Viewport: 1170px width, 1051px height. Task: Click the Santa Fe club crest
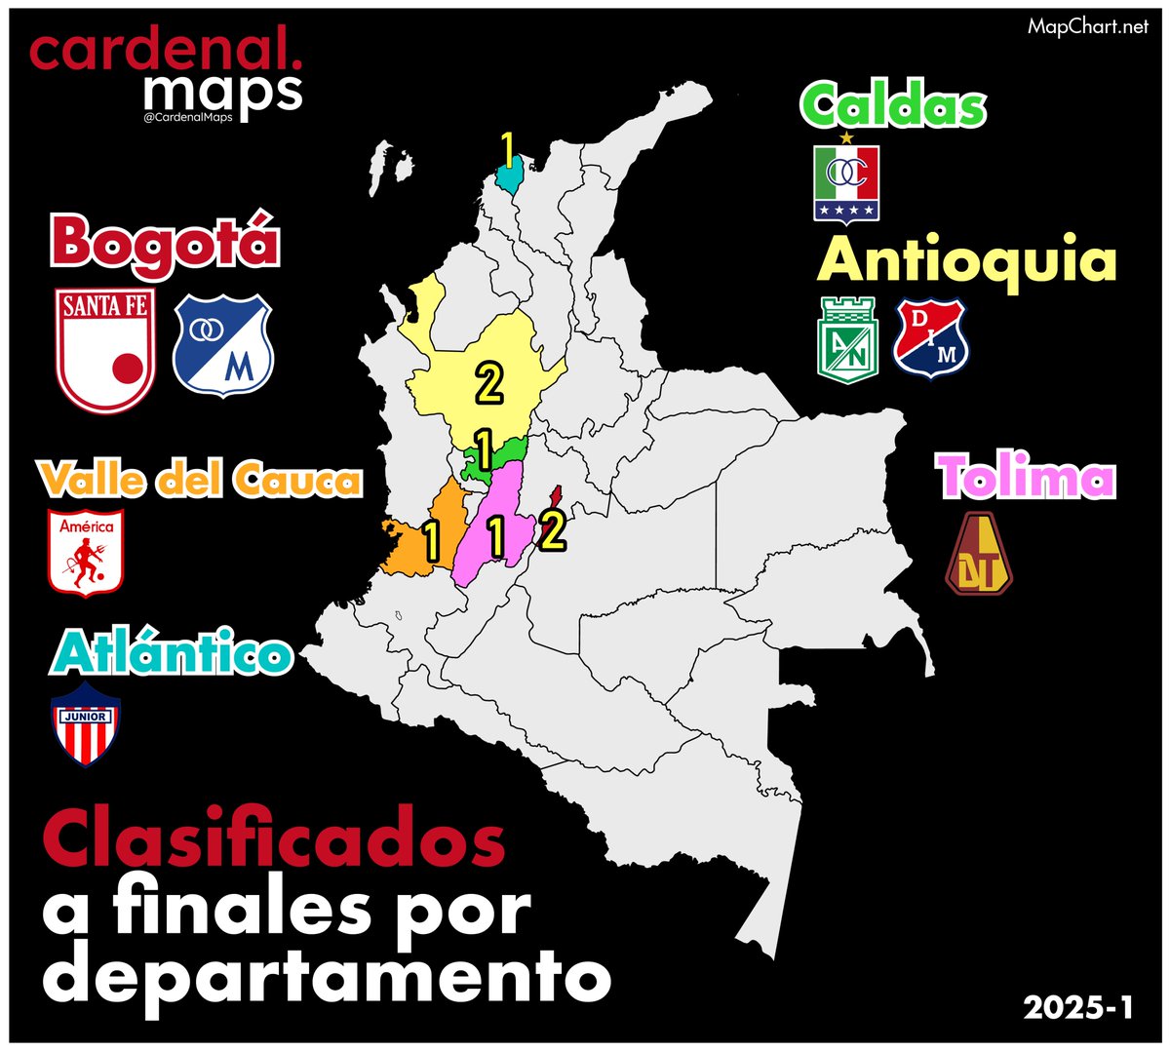(105, 350)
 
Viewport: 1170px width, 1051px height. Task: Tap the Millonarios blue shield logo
(223, 345)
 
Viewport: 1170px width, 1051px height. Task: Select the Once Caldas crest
(846, 181)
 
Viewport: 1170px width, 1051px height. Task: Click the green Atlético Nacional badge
(847, 338)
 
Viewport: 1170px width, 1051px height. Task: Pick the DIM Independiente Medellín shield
(932, 337)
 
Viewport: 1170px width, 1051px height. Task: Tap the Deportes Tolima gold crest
(979, 554)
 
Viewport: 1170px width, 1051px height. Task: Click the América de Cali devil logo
(86, 552)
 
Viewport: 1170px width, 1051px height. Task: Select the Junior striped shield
(86, 724)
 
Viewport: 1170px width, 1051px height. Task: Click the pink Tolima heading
(1026, 478)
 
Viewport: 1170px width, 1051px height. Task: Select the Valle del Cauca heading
(200, 481)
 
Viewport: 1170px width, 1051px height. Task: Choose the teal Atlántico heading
(172, 654)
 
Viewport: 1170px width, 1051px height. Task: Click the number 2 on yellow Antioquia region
(488, 383)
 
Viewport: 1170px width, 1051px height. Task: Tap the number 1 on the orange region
(430, 543)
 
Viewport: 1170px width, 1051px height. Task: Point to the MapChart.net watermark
(1088, 27)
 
